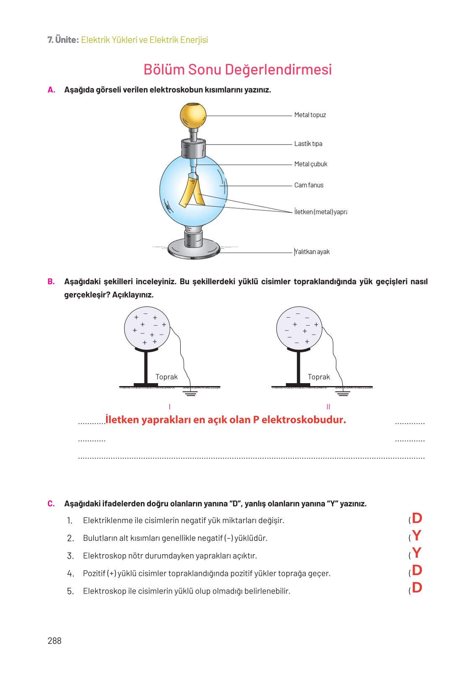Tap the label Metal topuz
tap(310, 115)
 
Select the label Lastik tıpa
tap(308, 144)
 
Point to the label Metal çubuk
tap(311, 164)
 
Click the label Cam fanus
tap(309, 185)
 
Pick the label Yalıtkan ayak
tap(312, 252)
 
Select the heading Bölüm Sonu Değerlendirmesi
tap(237, 70)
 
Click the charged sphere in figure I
tap(147, 328)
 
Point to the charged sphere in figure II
tap(299, 328)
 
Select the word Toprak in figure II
tap(319, 377)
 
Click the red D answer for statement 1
tap(417, 519)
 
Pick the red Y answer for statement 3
tap(416, 553)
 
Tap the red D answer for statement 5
tap(417, 588)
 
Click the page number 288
tap(55, 641)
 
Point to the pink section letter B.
tap(51, 282)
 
